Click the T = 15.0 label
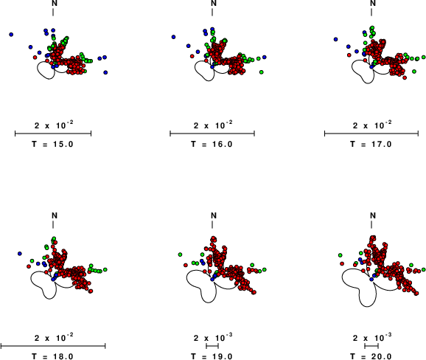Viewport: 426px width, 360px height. [53, 144]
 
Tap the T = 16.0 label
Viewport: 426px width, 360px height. [212, 144]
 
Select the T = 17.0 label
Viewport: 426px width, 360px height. [371, 144]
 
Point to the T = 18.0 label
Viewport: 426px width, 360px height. [53, 356]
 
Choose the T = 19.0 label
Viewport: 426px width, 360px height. [212, 356]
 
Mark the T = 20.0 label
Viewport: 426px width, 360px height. [371, 356]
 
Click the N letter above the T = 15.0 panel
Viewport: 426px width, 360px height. [55, 3]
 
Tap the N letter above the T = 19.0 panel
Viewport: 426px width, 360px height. [214, 215]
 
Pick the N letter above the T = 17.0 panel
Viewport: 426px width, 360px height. [373, 3]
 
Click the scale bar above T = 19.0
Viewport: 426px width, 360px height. [212, 346]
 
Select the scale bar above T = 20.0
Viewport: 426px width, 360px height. [371, 346]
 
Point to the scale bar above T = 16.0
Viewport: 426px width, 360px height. [212, 134]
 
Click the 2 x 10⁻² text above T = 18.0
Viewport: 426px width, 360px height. [54, 337]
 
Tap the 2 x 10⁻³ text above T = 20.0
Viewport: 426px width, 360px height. [372, 337]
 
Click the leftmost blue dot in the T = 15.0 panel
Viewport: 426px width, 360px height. [11, 35]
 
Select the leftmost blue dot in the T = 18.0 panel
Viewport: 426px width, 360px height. [20, 254]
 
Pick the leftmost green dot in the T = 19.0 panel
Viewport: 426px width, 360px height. [180, 255]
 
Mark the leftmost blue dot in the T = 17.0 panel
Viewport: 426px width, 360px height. [336, 39]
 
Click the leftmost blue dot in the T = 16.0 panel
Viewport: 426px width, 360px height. [174, 37]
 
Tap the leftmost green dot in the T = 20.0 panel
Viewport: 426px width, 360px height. [341, 255]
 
